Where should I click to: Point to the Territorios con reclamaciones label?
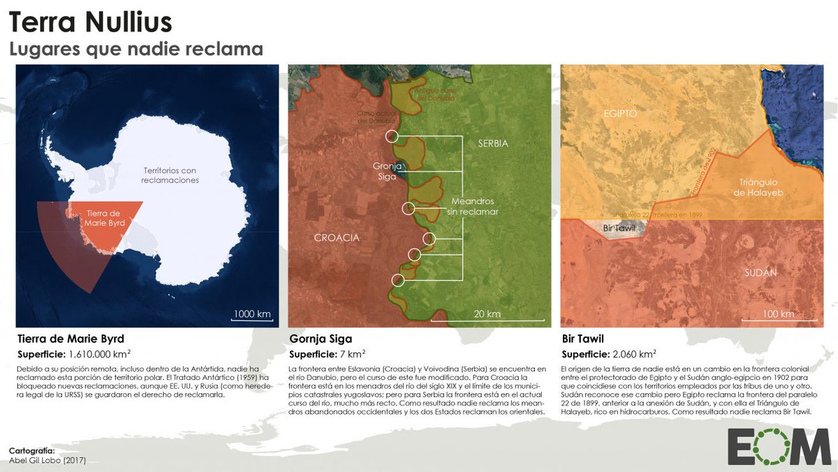pyautogui.click(x=170, y=175)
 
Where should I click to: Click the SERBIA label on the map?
pyautogui.click(x=493, y=144)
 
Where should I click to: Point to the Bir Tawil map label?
pyautogui.click(x=618, y=228)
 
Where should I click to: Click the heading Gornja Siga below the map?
pyautogui.click(x=321, y=339)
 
